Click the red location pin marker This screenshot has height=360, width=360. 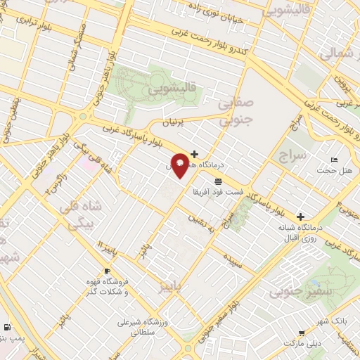[181, 164]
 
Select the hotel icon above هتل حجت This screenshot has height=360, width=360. [333, 160]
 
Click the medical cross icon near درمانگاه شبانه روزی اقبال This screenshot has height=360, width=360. [301, 217]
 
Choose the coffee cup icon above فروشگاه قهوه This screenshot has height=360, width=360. [107, 271]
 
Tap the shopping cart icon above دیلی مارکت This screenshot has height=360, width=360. [302, 333]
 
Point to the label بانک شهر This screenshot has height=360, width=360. [330, 321]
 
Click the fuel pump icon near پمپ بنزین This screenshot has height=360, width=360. [7, 327]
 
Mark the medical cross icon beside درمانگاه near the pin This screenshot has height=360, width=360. [194, 154]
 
